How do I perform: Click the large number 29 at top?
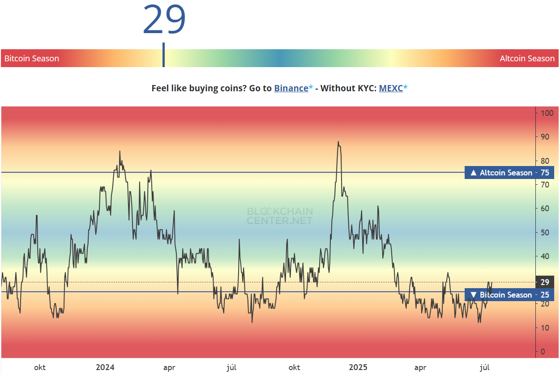pyautogui.click(x=164, y=20)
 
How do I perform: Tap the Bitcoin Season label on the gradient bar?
pyautogui.click(x=32, y=59)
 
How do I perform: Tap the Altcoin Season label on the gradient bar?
pyautogui.click(x=527, y=59)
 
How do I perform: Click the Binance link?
pyautogui.click(x=291, y=88)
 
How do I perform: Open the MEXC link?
pyautogui.click(x=391, y=88)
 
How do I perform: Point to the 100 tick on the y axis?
pyautogui.click(x=547, y=113)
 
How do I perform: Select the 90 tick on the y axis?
pyautogui.click(x=545, y=137)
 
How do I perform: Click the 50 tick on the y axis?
pyautogui.click(x=545, y=233)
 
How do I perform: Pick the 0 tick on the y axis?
pyautogui.click(x=543, y=352)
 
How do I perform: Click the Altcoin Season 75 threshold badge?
pyautogui.click(x=509, y=173)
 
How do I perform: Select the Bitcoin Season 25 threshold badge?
pyautogui.click(x=509, y=295)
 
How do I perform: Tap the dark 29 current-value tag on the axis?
pyautogui.click(x=545, y=282)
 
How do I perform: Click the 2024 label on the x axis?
pyautogui.click(x=105, y=368)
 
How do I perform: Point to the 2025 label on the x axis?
pyautogui.click(x=358, y=368)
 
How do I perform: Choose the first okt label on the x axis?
pyautogui.click(x=40, y=368)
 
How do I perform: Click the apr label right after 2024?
pyautogui.click(x=169, y=368)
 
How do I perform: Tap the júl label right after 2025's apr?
pyautogui.click(x=484, y=368)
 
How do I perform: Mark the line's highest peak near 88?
pyautogui.click(x=338, y=142)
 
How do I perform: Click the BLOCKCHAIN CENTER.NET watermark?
pyautogui.click(x=280, y=216)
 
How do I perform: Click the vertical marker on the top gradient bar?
pyautogui.click(x=163, y=55)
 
